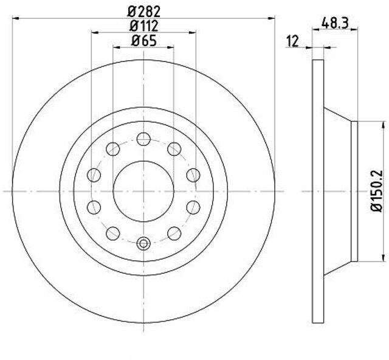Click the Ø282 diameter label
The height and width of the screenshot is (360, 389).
pyautogui.click(x=144, y=12)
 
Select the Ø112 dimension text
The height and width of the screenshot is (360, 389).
pyautogui.click(x=144, y=26)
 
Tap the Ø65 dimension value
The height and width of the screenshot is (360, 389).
pyautogui.click(x=144, y=41)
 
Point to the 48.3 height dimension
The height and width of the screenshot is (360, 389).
pyautogui.click(x=335, y=23)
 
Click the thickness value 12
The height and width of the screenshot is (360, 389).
pyautogui.click(x=293, y=41)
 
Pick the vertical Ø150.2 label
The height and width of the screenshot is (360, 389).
pyautogui.click(x=377, y=191)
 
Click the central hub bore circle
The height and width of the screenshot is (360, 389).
pyautogui.click(x=143, y=191)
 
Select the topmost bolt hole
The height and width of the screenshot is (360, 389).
pyautogui.click(x=143, y=139)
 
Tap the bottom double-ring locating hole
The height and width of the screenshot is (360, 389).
pyautogui.click(x=143, y=244)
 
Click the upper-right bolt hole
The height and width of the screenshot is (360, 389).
pyautogui.click(x=174, y=149)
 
